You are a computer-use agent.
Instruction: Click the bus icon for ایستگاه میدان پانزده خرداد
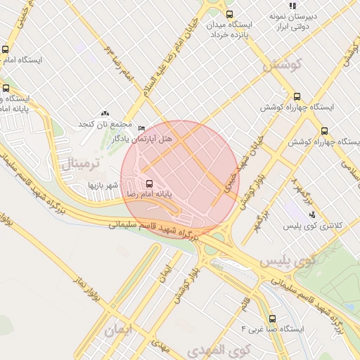pos(229,14)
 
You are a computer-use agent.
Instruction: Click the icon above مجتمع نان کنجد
pos(105,113)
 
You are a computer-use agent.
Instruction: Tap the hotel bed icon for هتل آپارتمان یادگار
pos(143,128)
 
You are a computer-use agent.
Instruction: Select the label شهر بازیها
pos(100,185)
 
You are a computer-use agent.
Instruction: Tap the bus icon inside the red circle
pos(148,184)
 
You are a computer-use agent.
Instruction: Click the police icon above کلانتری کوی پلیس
pos(312,214)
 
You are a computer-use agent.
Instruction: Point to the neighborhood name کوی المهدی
pos(215,349)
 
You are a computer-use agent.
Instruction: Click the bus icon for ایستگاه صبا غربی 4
pos(272,318)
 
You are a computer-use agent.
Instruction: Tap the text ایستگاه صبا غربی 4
pos(271,329)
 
